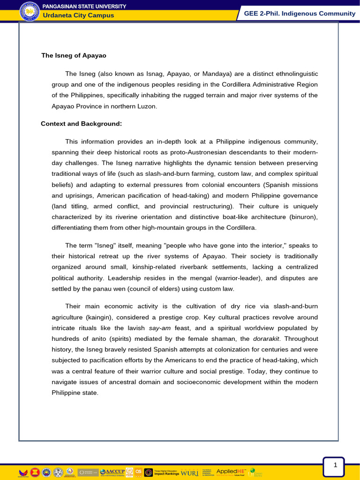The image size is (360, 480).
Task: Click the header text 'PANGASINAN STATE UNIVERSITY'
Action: tap(84, 6)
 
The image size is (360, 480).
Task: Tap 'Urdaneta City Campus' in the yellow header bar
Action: tap(78, 15)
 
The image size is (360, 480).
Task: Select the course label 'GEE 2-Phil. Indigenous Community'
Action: tap(300, 13)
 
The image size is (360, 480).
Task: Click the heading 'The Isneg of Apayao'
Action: tap(74, 55)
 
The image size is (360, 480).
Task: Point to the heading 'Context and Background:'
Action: tap(81, 124)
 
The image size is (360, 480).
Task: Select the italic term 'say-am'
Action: tap(159, 328)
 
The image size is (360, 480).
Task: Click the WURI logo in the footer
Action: tap(189, 472)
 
